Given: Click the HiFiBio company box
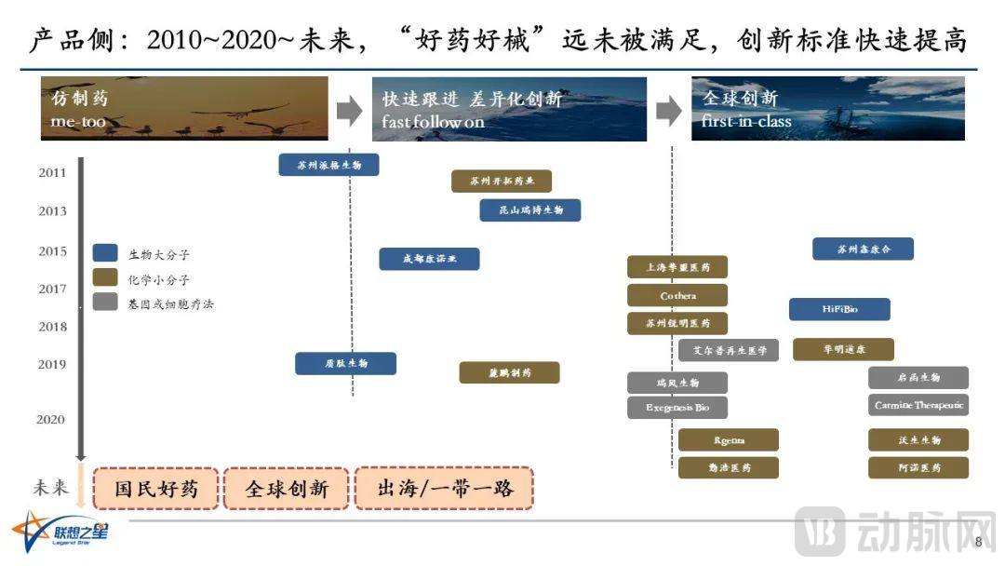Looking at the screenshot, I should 839,309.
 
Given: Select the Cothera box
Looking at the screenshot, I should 677,295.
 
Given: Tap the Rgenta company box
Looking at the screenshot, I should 729,439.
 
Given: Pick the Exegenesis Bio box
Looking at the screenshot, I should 677,407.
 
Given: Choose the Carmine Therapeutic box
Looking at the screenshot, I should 918,405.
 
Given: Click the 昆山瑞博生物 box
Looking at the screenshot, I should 529,210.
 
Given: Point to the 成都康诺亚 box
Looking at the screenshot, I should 429,259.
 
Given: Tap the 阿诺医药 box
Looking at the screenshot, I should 918,467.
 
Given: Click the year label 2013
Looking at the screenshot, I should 52,211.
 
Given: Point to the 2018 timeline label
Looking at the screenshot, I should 52,327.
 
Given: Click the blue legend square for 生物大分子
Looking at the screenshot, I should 105,253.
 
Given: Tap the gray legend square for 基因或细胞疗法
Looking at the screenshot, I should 105,303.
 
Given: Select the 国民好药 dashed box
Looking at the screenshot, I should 156,488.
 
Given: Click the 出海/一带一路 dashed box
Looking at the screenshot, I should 445,488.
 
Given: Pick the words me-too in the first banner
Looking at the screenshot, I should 79,122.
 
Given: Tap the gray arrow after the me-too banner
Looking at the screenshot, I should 349,111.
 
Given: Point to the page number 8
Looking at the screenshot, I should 977,543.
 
